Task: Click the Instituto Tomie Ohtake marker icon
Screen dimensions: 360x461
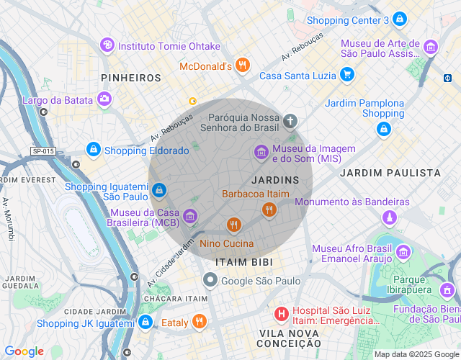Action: coord(107,46)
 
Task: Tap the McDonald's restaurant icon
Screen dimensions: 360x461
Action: coord(243,66)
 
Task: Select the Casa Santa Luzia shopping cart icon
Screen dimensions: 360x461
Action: coord(347,74)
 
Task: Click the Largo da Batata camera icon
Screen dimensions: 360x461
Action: coord(105,99)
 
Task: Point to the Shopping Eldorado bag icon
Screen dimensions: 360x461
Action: coord(93,149)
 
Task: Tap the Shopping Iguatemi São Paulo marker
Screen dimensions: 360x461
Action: coord(159,190)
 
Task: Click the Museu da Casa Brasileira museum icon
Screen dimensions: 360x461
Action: coord(189,215)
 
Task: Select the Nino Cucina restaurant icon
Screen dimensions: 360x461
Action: coord(233,225)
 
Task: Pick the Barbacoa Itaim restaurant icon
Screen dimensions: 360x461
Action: coord(269,210)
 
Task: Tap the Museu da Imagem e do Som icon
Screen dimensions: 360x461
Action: coord(261,152)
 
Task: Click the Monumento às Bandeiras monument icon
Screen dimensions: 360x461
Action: coord(390,216)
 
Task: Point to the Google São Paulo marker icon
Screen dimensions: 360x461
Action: coord(210,279)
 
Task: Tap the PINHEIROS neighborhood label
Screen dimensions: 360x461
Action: coord(131,77)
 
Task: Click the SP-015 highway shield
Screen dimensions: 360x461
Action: coord(42,150)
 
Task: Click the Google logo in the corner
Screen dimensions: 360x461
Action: coord(24,351)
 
